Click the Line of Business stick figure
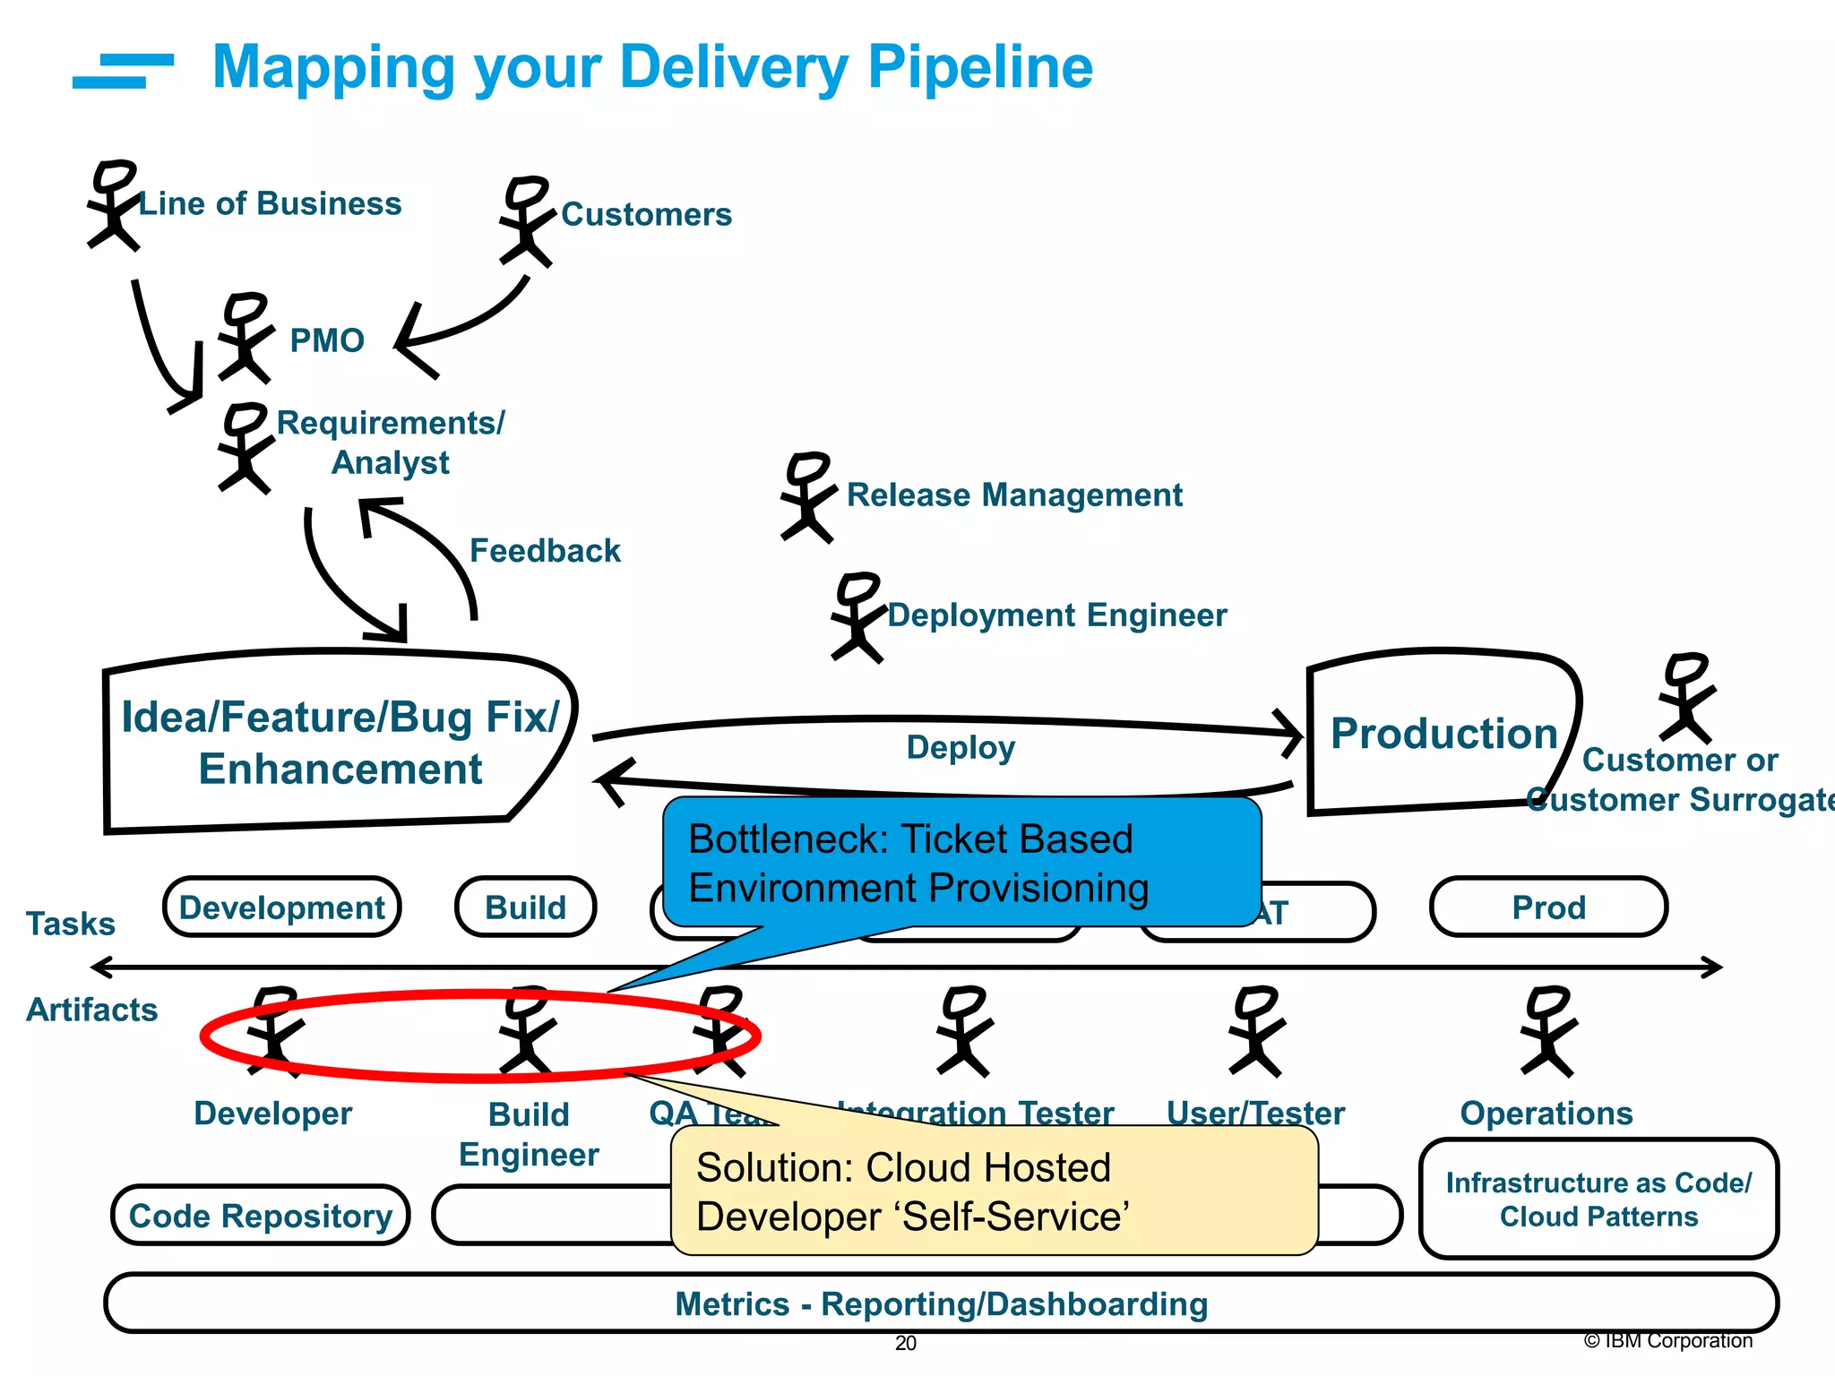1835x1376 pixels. point(113,205)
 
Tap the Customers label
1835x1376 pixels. point(646,215)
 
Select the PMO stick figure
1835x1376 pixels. point(244,338)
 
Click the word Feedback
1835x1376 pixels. point(545,551)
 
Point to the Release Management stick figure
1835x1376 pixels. point(807,497)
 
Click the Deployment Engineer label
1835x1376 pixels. point(1056,615)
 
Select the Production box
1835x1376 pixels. point(1443,733)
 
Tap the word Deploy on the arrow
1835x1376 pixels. point(961,748)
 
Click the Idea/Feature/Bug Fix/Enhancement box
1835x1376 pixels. point(339,742)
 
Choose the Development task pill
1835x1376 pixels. point(281,907)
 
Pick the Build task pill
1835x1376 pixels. point(525,907)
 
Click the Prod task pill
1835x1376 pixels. point(1548,907)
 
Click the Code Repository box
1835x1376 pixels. point(260,1216)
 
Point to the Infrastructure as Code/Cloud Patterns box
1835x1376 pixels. point(1598,1200)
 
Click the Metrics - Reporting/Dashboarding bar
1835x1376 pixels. point(941,1303)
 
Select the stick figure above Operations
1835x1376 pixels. point(1547,1031)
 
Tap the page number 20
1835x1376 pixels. point(905,1343)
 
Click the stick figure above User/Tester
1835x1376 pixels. point(1255,1031)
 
